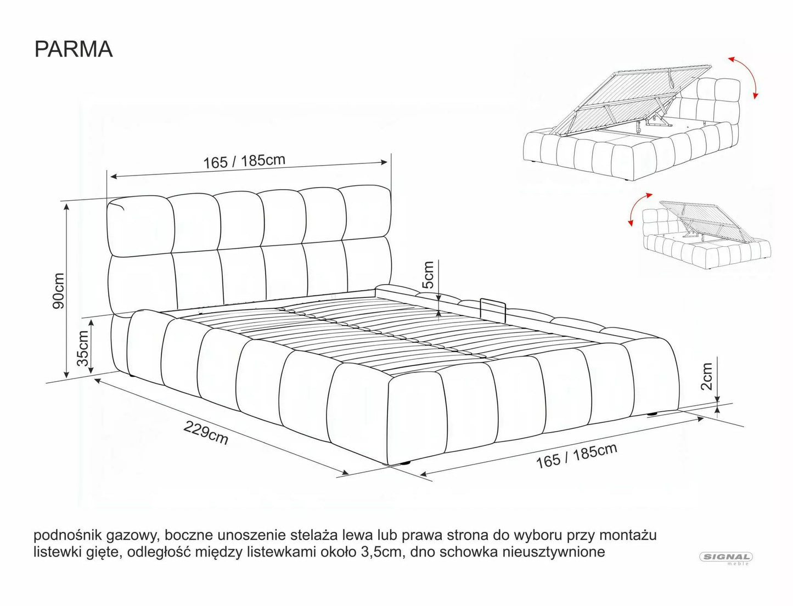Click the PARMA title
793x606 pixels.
coord(74,49)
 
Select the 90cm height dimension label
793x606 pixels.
coord(58,291)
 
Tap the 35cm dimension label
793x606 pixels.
coord(83,348)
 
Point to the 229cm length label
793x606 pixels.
coord(206,433)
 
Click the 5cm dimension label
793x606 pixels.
coord(428,275)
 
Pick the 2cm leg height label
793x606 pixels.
coord(707,376)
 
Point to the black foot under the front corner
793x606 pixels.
coord(404,463)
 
